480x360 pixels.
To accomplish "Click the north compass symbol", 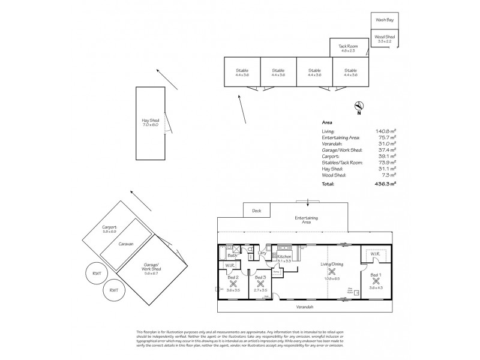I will (358, 106).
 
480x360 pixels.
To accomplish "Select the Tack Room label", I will (348, 46).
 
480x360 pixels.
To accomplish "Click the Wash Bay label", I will (385, 20).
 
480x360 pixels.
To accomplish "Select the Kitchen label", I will (284, 256).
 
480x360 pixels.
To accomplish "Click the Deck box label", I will (256, 211).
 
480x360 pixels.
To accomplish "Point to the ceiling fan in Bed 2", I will (233, 283).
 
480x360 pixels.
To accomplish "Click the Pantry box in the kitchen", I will (277, 272).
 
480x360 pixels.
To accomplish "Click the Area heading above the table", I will (327, 122).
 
